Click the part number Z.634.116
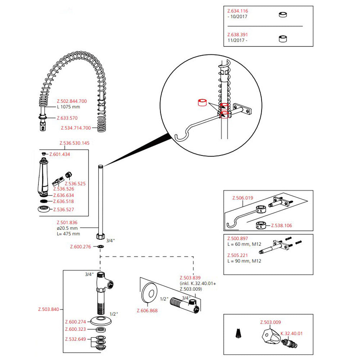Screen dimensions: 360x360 [x=238, y=11]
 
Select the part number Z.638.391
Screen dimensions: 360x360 [x=238, y=35]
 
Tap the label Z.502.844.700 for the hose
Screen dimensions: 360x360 [x=72, y=102]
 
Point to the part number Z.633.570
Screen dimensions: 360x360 [x=67, y=118]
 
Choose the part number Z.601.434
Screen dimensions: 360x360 [x=59, y=154]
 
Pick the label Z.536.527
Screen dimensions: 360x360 [x=64, y=210]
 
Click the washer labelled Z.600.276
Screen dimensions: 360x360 [x=100, y=247]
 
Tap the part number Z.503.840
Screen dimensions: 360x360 [x=49, y=309]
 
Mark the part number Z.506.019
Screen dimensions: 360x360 [x=243, y=198]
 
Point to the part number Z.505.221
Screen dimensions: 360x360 [x=237, y=255]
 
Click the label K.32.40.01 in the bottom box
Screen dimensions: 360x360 [x=291, y=333]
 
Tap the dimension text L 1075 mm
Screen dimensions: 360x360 [x=68, y=107]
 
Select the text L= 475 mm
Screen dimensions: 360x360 [x=68, y=234]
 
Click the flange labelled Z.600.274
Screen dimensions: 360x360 [x=100, y=321]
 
